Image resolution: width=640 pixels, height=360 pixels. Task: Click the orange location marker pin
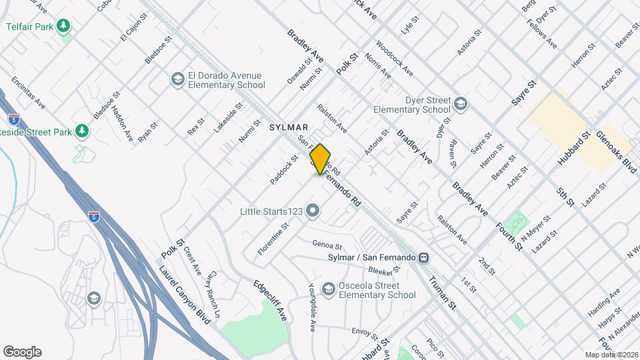pos(321,159)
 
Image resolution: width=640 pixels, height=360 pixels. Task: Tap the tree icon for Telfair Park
pos(64,26)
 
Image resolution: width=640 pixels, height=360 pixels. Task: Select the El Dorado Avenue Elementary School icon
pos(177,79)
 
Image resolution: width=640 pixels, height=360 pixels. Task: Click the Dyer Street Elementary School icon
pos(461,104)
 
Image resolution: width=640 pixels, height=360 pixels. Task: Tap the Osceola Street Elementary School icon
pos(328,289)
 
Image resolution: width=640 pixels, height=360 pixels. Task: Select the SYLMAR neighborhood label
pos(289,127)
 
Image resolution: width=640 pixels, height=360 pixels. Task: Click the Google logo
pos(22,352)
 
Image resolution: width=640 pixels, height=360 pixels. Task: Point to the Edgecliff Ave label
pos(270,301)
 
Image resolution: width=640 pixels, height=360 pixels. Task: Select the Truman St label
pos(442,294)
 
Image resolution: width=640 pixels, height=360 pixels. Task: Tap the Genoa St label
pos(327,245)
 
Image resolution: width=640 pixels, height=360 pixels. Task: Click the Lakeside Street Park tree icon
pos(82,131)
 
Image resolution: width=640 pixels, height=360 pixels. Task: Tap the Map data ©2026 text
pos(611,355)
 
